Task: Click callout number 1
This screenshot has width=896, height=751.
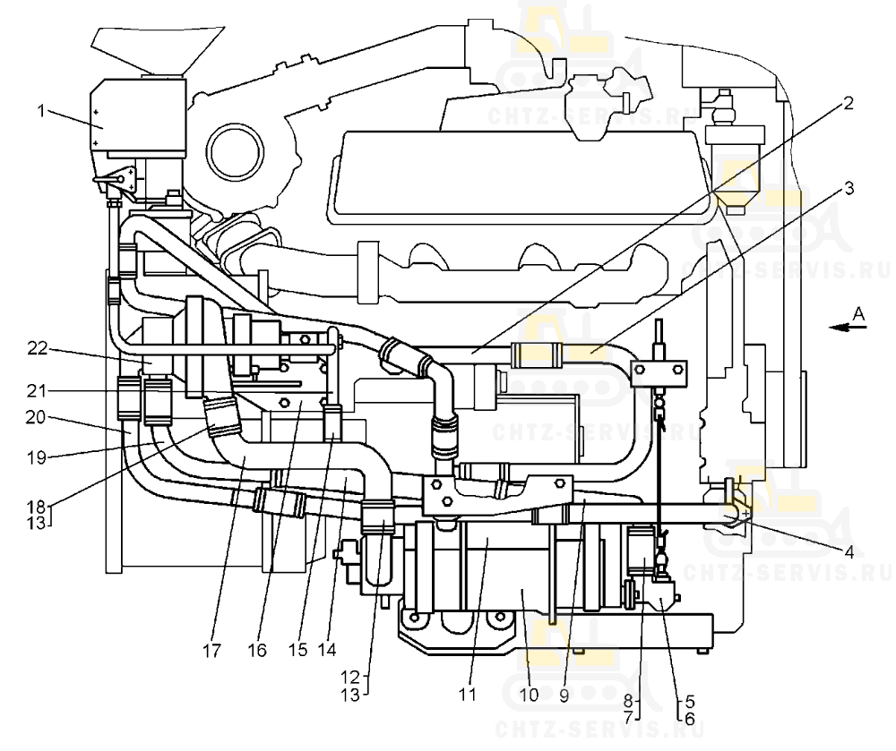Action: pyautogui.click(x=41, y=110)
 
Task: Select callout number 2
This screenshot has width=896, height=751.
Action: pyautogui.click(x=848, y=103)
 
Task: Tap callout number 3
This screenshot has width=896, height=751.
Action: pyautogui.click(x=849, y=188)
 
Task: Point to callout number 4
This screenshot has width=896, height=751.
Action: pyautogui.click(x=849, y=551)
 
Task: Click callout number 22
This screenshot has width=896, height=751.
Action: pyautogui.click(x=38, y=348)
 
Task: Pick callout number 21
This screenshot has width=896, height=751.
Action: pyautogui.click(x=37, y=391)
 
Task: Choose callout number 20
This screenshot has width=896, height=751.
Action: pyautogui.click(x=36, y=418)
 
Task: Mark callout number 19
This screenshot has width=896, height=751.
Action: pyautogui.click(x=37, y=457)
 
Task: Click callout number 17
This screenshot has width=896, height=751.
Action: pyautogui.click(x=211, y=651)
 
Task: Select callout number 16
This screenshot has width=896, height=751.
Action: pyautogui.click(x=257, y=651)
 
